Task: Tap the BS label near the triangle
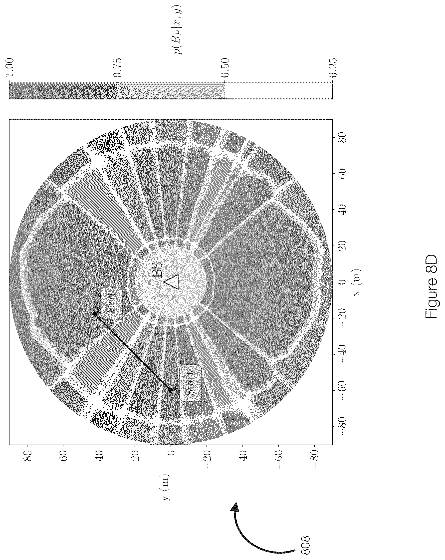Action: point(157,270)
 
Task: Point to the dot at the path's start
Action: point(171,390)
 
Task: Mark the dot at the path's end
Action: point(95,314)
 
